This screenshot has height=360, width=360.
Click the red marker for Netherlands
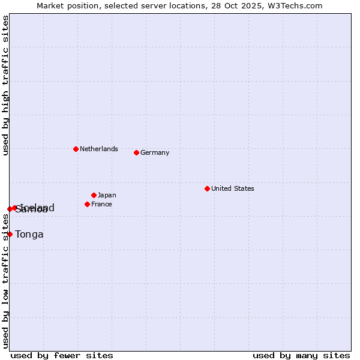[76, 149]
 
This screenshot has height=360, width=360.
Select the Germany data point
[136, 152]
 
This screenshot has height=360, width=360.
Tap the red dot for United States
[207, 188]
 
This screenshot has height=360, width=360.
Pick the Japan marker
[94, 195]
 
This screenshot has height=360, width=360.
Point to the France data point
[87, 204]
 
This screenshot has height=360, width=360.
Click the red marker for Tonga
[10, 234]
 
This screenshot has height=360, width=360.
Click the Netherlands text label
[99, 149]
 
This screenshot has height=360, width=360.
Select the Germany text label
[155, 152]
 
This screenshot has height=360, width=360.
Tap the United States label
[233, 188]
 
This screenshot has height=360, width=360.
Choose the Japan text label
[107, 195]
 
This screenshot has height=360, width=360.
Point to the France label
[101, 204]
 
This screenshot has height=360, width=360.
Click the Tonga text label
[29, 235]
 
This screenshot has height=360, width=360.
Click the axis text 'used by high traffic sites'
[5, 85]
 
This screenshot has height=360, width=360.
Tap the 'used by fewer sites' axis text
[62, 355]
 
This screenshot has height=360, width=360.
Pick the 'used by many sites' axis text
[301, 355]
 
